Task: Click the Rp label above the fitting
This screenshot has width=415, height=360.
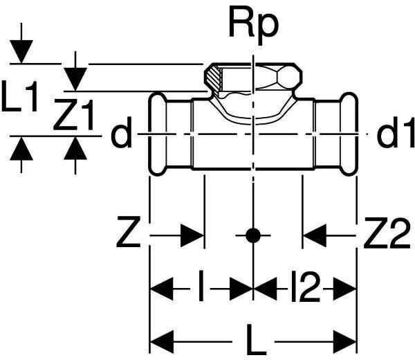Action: (x=254, y=27)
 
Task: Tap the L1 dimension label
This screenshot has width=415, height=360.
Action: (x=19, y=96)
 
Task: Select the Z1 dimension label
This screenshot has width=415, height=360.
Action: (x=73, y=114)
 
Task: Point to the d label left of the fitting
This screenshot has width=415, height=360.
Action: (x=121, y=132)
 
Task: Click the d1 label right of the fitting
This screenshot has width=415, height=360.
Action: (x=396, y=132)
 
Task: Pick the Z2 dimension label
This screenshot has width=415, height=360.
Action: (x=387, y=233)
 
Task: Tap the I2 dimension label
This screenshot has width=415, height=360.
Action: (x=306, y=286)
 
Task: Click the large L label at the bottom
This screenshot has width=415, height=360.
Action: (x=256, y=340)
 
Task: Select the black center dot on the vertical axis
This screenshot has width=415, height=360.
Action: (x=253, y=235)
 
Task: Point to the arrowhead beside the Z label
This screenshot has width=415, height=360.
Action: (x=192, y=235)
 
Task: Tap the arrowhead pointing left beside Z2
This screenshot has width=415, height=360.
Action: (x=315, y=235)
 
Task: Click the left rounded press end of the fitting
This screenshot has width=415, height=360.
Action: (x=158, y=134)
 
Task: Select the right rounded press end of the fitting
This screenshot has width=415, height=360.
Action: (x=349, y=134)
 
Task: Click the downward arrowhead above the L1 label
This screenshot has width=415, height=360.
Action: (x=21, y=52)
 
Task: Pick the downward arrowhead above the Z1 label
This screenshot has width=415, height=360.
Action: (x=75, y=79)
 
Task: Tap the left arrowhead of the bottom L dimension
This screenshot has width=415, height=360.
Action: (x=162, y=342)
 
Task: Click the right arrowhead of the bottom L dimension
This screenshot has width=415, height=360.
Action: (x=344, y=342)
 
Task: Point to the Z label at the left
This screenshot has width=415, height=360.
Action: (x=128, y=232)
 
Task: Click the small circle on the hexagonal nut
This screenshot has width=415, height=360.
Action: (x=288, y=78)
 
